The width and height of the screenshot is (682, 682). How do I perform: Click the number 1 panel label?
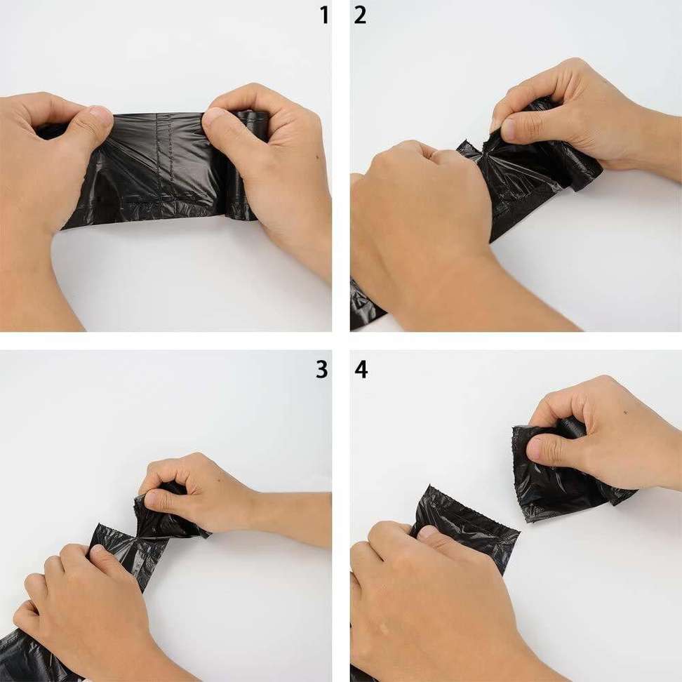point(323,15)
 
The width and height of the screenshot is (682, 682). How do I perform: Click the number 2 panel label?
point(360,15)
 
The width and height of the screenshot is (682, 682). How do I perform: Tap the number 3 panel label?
point(321,370)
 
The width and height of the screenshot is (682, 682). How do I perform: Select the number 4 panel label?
point(361,370)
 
